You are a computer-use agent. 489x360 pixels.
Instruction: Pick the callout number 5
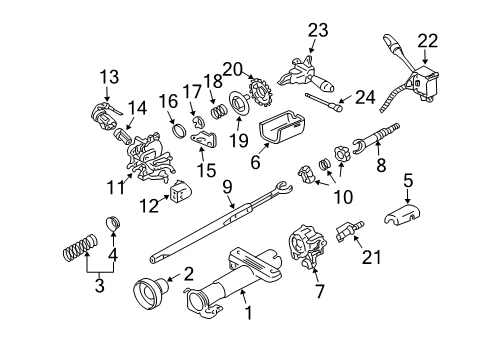tap(407, 181)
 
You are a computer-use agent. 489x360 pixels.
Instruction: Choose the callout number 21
tap(370, 258)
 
